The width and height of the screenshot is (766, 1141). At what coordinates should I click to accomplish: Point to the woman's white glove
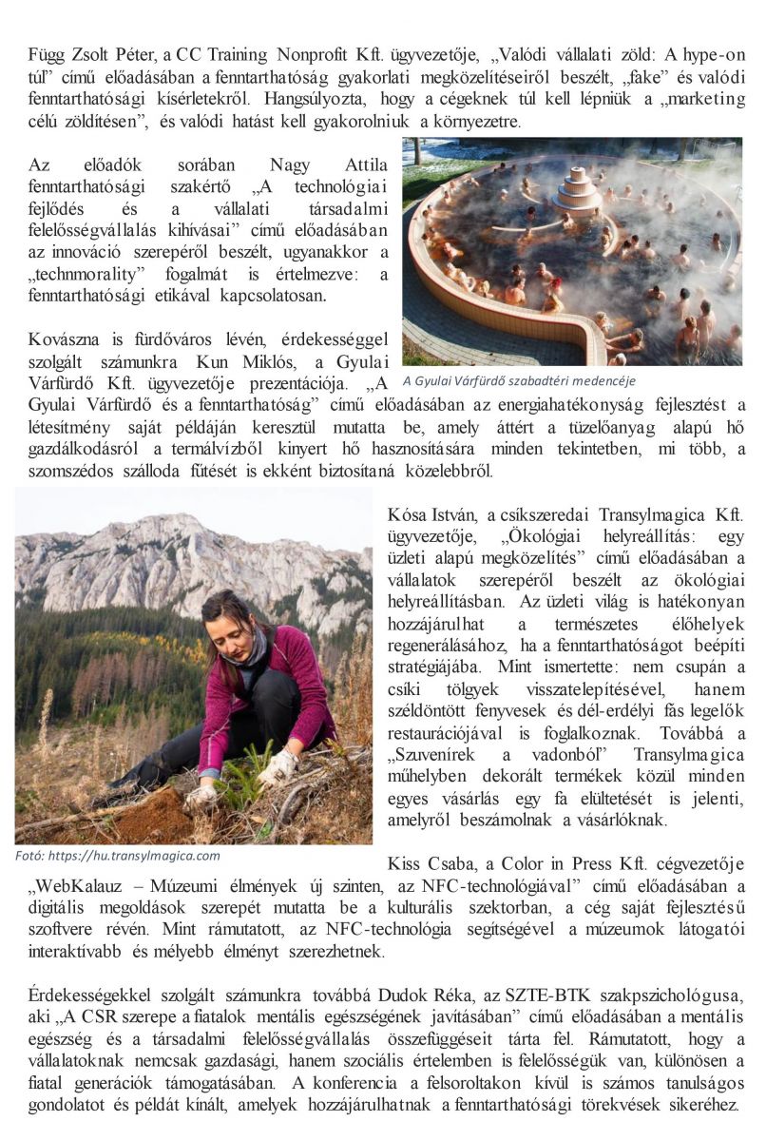point(278,765)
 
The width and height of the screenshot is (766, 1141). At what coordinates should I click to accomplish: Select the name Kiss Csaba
point(429,864)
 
